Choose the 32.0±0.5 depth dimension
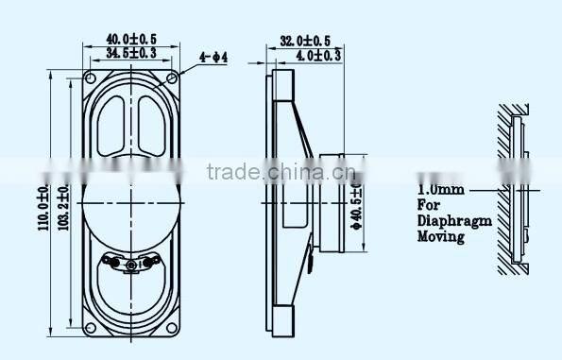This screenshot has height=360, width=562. [303, 41]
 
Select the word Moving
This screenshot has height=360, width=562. [440, 237]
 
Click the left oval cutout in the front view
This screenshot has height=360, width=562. [111, 128]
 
